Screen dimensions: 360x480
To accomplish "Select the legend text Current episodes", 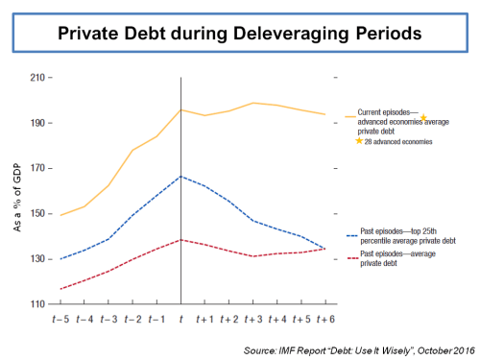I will tap(385, 115).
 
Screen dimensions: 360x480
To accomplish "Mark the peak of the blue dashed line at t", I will tap(180, 177).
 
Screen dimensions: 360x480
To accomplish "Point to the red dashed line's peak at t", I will tap(180, 240).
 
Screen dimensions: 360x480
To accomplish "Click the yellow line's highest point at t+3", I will tap(252, 103).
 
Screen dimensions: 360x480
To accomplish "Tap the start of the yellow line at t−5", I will tap(60, 215).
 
